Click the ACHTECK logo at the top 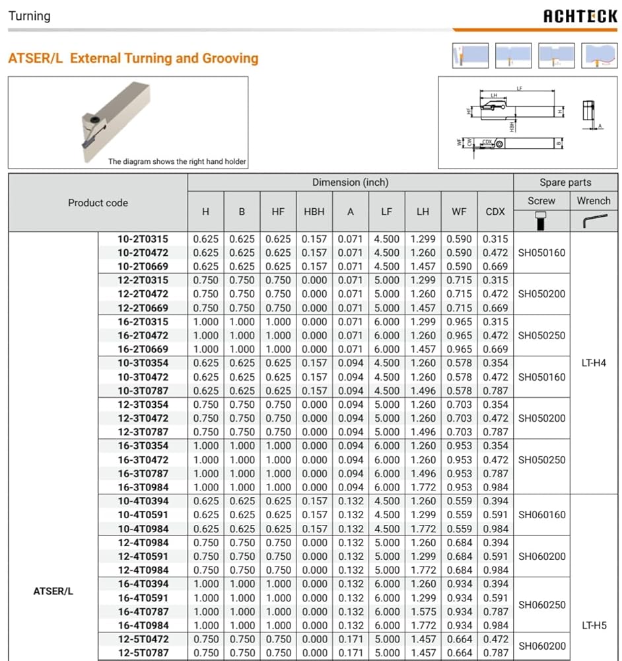click(x=580, y=17)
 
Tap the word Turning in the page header click(x=29, y=16)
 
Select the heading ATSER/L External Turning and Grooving click(x=133, y=58)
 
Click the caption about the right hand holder click(x=177, y=161)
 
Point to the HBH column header click(x=314, y=212)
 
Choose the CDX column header click(x=495, y=212)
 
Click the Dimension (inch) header click(x=350, y=182)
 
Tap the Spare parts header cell click(x=565, y=182)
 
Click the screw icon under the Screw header click(x=541, y=221)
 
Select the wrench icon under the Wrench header click(x=594, y=221)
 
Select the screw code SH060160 click(x=541, y=515)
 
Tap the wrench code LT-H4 click(x=594, y=363)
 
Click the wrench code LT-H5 click(x=594, y=625)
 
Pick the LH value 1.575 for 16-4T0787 click(x=423, y=611)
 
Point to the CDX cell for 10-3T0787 click(x=495, y=391)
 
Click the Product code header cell click(x=98, y=203)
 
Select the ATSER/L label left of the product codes click(x=53, y=591)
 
